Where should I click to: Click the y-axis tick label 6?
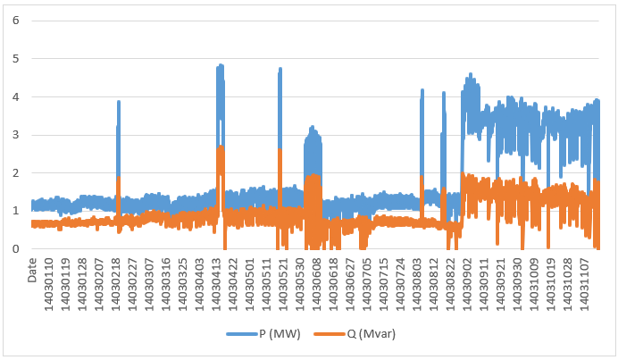(x=15, y=20)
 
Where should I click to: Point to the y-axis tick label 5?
(x=15, y=58)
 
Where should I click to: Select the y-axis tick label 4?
(x=15, y=96)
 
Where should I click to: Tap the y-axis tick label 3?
(x=15, y=135)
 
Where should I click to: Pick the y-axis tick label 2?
(x=15, y=173)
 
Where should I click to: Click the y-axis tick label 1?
(x=15, y=211)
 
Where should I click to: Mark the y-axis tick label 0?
(x=15, y=249)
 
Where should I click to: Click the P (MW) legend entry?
(x=277, y=335)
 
